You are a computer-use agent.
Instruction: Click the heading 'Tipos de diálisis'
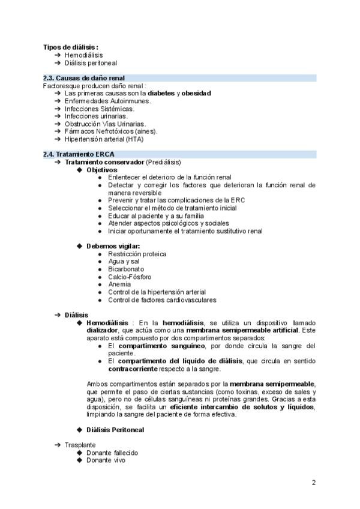coord(70,47)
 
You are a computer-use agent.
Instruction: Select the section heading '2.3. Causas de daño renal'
coord(85,78)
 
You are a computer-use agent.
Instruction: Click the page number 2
coord(313,482)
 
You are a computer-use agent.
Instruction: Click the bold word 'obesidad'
coord(196,93)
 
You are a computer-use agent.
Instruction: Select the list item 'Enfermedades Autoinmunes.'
coord(107,101)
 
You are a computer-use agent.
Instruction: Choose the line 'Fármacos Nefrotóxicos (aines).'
coord(111,131)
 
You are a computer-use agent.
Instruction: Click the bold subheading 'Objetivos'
coord(102,170)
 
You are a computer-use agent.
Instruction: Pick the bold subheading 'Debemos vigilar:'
coord(113,246)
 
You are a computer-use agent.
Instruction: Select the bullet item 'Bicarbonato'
coord(126,270)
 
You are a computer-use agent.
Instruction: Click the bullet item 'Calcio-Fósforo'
coord(130,277)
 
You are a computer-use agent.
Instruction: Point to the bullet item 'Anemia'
coord(119,285)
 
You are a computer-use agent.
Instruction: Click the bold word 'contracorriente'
coord(134,368)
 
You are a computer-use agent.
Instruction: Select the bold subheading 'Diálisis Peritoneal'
coord(115,430)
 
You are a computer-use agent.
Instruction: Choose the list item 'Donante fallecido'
coord(112,453)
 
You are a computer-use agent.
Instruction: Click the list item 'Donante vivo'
coord(106,460)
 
